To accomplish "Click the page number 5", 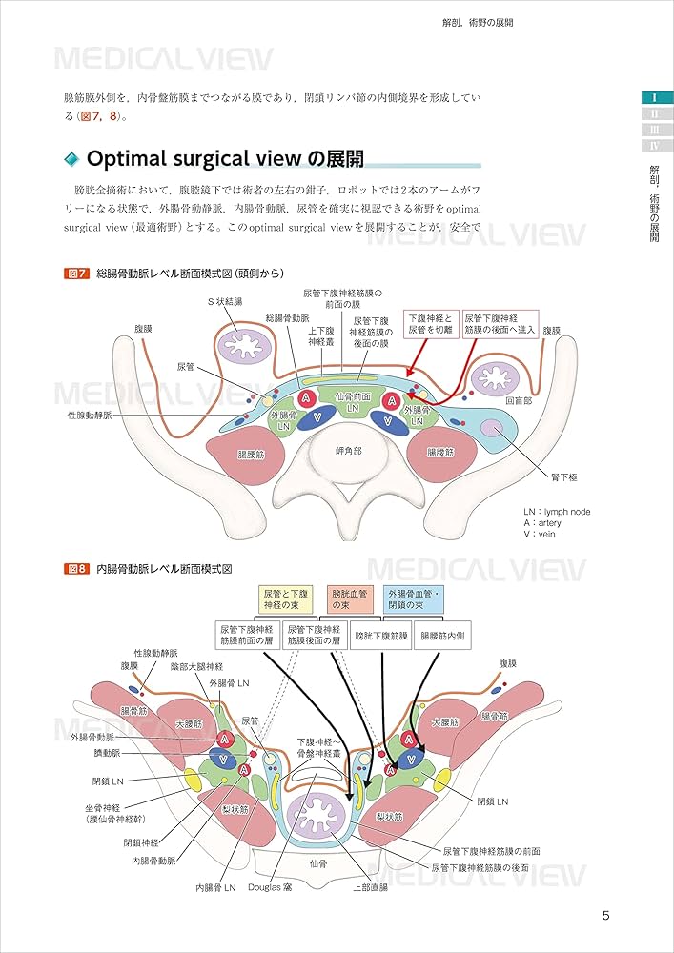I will coord(606,916).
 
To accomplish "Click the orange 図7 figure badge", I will coord(76,274).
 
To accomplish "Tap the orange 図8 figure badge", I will coord(76,569).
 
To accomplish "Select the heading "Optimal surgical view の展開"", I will coord(224,157).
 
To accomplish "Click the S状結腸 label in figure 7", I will coord(226,301).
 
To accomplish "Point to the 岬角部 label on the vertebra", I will coord(349,450).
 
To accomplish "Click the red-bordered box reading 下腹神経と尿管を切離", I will coord(430,325).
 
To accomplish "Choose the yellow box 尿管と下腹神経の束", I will coord(288,599).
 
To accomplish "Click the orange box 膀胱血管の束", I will coord(350,599).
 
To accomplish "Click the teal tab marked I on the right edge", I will coord(655,97).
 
